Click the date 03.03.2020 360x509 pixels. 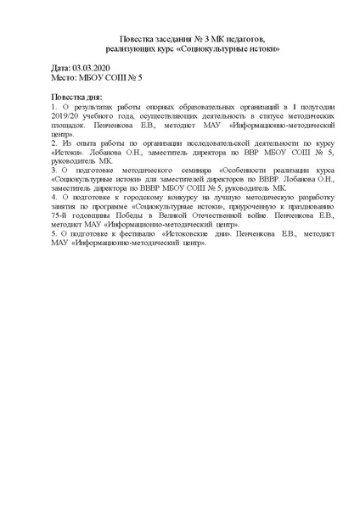(93, 66)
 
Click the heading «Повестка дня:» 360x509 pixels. (76, 98)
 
